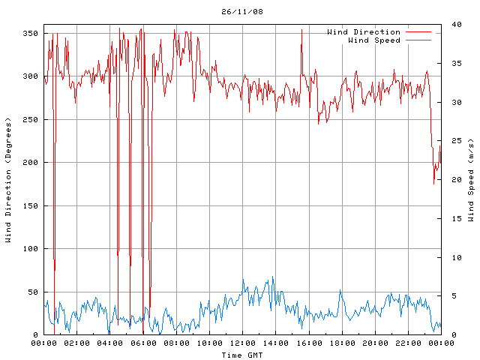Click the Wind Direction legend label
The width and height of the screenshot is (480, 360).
pyautogui.click(x=364, y=32)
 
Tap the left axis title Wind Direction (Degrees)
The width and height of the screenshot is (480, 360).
pyautogui.click(x=8, y=180)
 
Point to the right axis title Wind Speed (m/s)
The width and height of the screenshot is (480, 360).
pyautogui.click(x=471, y=180)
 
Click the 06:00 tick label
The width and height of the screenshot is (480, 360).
pyautogui.click(x=143, y=343)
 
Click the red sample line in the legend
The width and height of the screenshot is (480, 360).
pyautogui.click(x=418, y=32)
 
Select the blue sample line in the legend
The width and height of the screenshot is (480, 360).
pyautogui.click(x=418, y=40)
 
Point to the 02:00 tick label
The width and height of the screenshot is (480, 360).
pyautogui.click(x=77, y=343)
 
